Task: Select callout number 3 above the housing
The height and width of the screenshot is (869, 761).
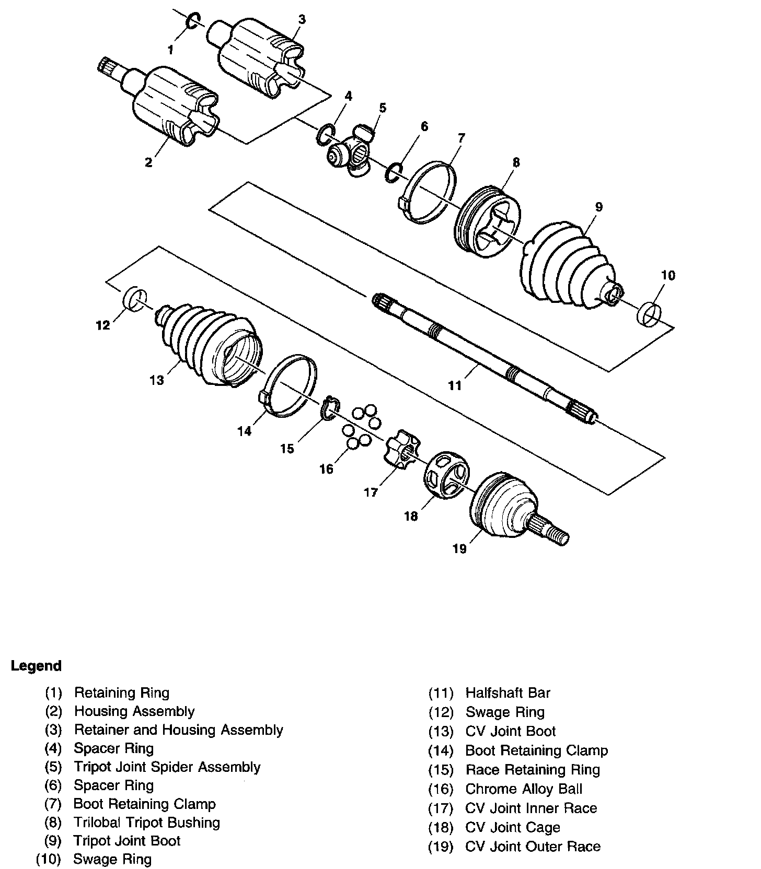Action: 302,20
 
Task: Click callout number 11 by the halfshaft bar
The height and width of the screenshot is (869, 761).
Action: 454,386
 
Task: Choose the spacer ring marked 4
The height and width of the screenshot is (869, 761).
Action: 325,135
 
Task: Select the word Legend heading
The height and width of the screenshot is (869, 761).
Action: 36,666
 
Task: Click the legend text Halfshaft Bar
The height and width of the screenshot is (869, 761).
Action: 508,693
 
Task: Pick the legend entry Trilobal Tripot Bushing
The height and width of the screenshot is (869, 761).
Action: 147,823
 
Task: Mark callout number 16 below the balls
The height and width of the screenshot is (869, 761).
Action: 326,469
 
